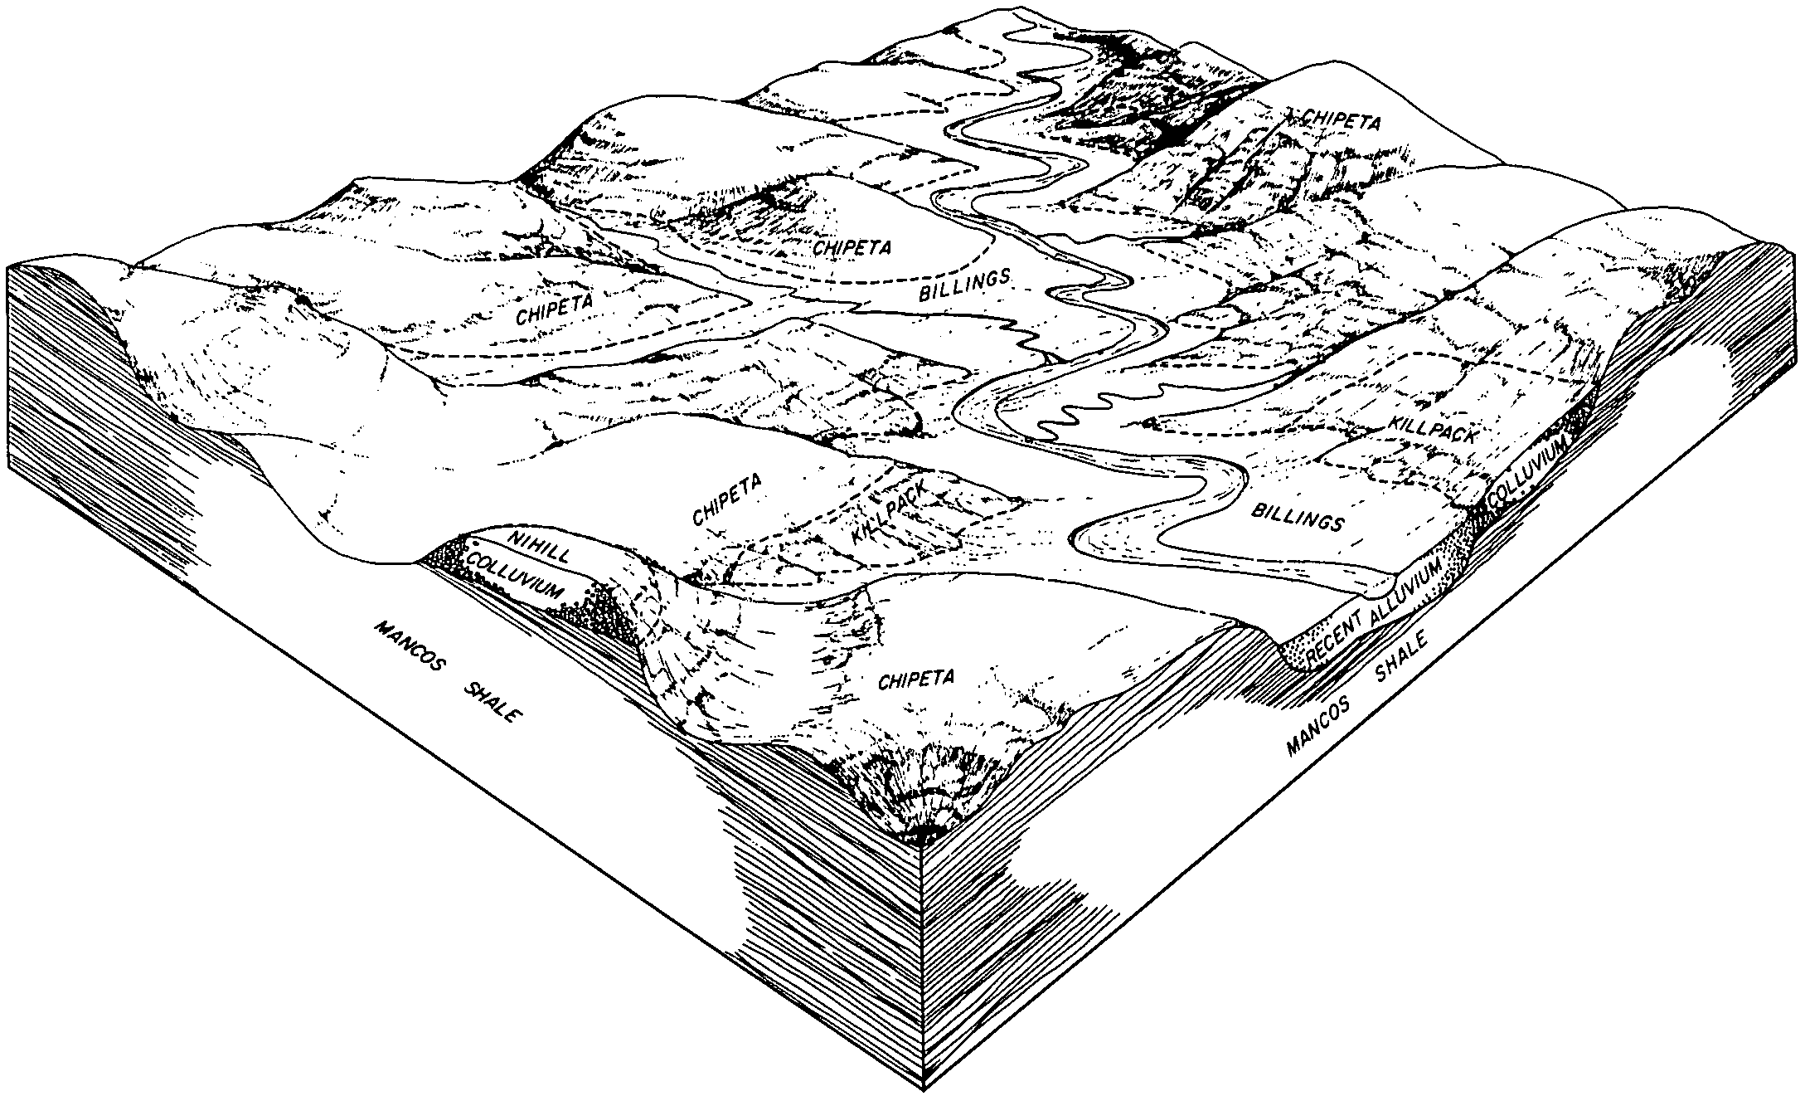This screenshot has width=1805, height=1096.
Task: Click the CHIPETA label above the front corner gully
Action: tap(915, 680)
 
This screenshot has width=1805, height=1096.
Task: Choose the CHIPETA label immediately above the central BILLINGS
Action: tap(852, 247)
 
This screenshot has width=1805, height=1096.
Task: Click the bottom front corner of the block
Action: tap(924, 1090)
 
